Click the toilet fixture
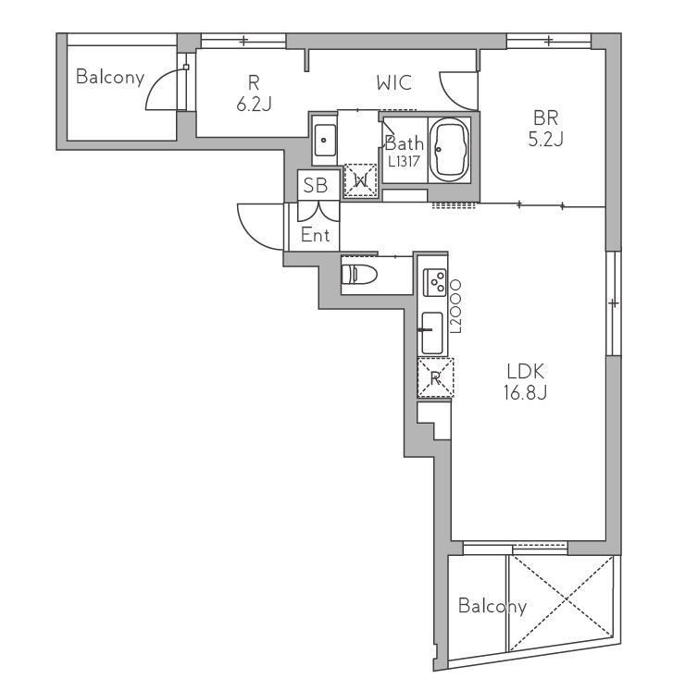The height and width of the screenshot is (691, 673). click(359, 275)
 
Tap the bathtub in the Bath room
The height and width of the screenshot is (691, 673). click(449, 149)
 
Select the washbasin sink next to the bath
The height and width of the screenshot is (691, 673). click(324, 140)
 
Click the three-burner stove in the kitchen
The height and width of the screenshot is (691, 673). click(435, 282)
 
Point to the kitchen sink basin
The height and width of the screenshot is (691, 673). click(432, 333)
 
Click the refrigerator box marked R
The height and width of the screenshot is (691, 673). click(435, 377)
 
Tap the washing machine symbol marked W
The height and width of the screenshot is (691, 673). click(361, 179)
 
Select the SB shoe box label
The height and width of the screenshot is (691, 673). click(316, 186)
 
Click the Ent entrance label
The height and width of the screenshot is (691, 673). click(315, 235)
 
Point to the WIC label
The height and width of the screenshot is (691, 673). click(394, 83)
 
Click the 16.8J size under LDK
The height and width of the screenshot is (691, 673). click(525, 392)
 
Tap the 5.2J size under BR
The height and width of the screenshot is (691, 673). click(545, 139)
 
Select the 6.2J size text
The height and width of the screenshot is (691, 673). click(254, 104)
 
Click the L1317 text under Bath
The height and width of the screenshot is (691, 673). click(404, 162)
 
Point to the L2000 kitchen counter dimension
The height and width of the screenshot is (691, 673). click(455, 306)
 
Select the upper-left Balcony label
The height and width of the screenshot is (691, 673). click(110, 77)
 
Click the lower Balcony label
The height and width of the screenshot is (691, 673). click(492, 606)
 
